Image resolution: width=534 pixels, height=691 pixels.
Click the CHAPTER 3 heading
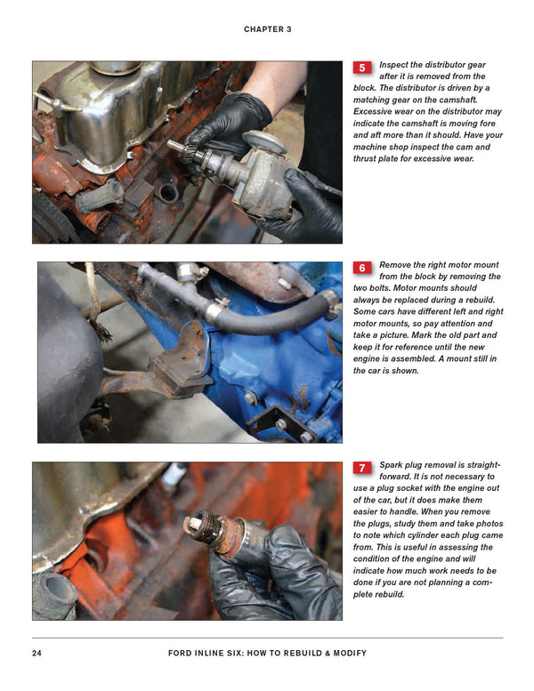(x=267, y=29)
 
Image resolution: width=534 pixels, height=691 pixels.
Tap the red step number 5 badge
(x=362, y=68)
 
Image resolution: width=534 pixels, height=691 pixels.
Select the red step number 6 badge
(x=362, y=268)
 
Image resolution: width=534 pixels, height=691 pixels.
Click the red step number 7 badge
(x=362, y=468)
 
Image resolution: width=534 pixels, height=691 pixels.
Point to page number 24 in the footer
(x=37, y=653)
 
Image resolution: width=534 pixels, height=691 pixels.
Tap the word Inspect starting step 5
(x=398, y=65)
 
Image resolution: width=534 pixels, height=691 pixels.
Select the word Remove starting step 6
(x=399, y=265)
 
